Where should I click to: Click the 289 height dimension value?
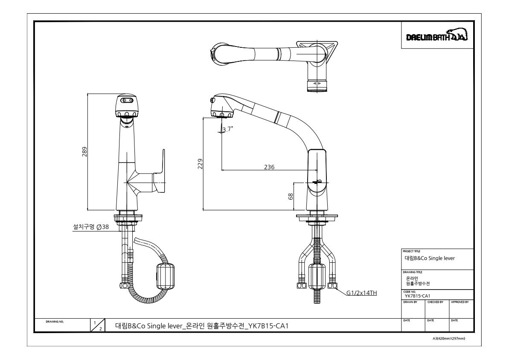point(84,151)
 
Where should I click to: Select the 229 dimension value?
point(200,164)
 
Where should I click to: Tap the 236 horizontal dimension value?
point(269,167)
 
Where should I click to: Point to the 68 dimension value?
point(291,196)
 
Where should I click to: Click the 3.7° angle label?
point(227,129)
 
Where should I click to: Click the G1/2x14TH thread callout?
point(362,293)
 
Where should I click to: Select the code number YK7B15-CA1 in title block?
point(417,296)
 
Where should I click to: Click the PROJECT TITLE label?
point(411,251)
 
